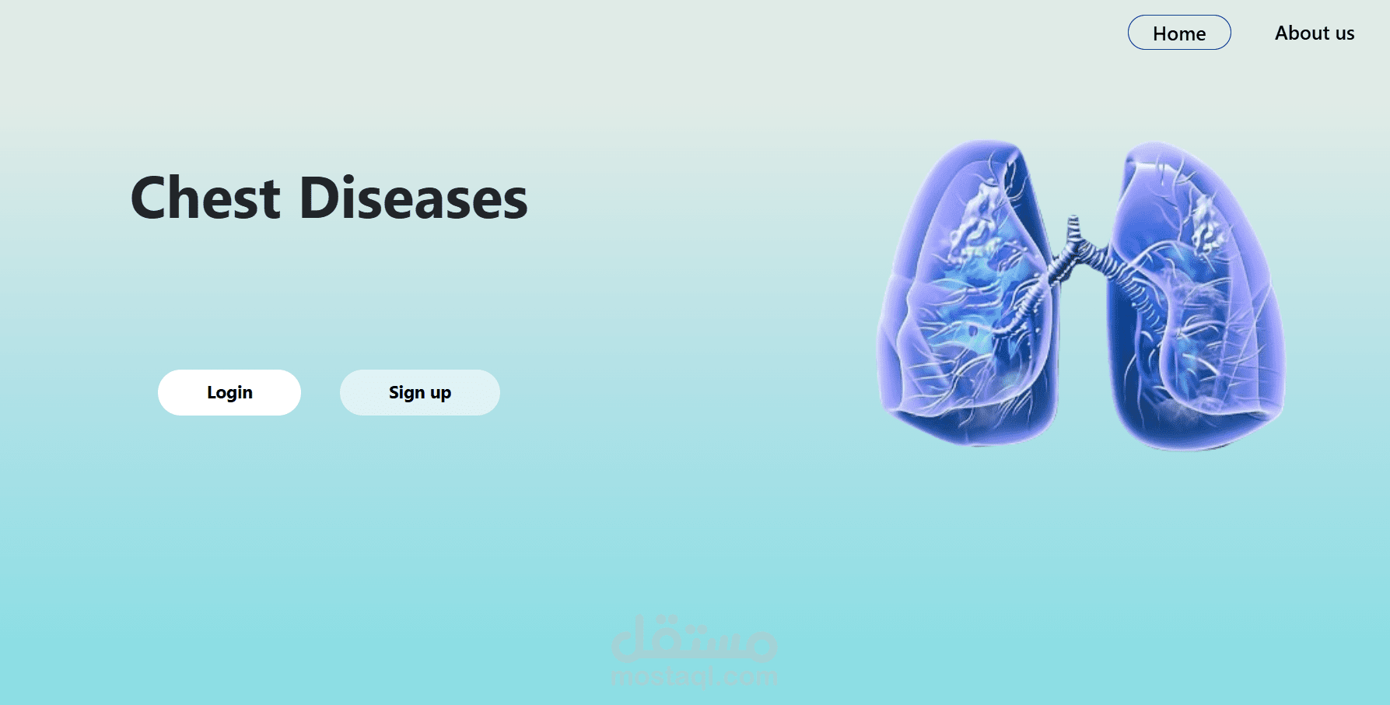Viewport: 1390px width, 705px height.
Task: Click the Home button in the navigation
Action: (x=1179, y=33)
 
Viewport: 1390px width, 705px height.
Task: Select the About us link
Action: (x=1315, y=33)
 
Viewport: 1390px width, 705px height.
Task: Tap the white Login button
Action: (x=229, y=392)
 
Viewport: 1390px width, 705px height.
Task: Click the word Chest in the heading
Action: (x=205, y=198)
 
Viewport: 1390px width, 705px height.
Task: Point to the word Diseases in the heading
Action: (x=413, y=198)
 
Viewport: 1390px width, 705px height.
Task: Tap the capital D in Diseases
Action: (x=317, y=198)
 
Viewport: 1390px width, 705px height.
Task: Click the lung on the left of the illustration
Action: (x=968, y=296)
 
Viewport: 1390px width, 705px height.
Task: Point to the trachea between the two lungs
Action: (x=1074, y=233)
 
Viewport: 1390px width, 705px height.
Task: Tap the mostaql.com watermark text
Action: (x=695, y=677)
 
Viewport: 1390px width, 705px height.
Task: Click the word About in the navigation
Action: (x=1302, y=33)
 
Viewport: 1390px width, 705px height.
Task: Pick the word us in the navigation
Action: (x=1345, y=33)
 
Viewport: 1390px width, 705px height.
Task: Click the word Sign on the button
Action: (x=407, y=392)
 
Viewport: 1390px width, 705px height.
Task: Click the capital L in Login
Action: (x=212, y=392)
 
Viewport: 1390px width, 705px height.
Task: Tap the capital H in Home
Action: (x=1160, y=33)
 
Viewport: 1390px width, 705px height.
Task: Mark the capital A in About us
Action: (x=1282, y=33)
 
